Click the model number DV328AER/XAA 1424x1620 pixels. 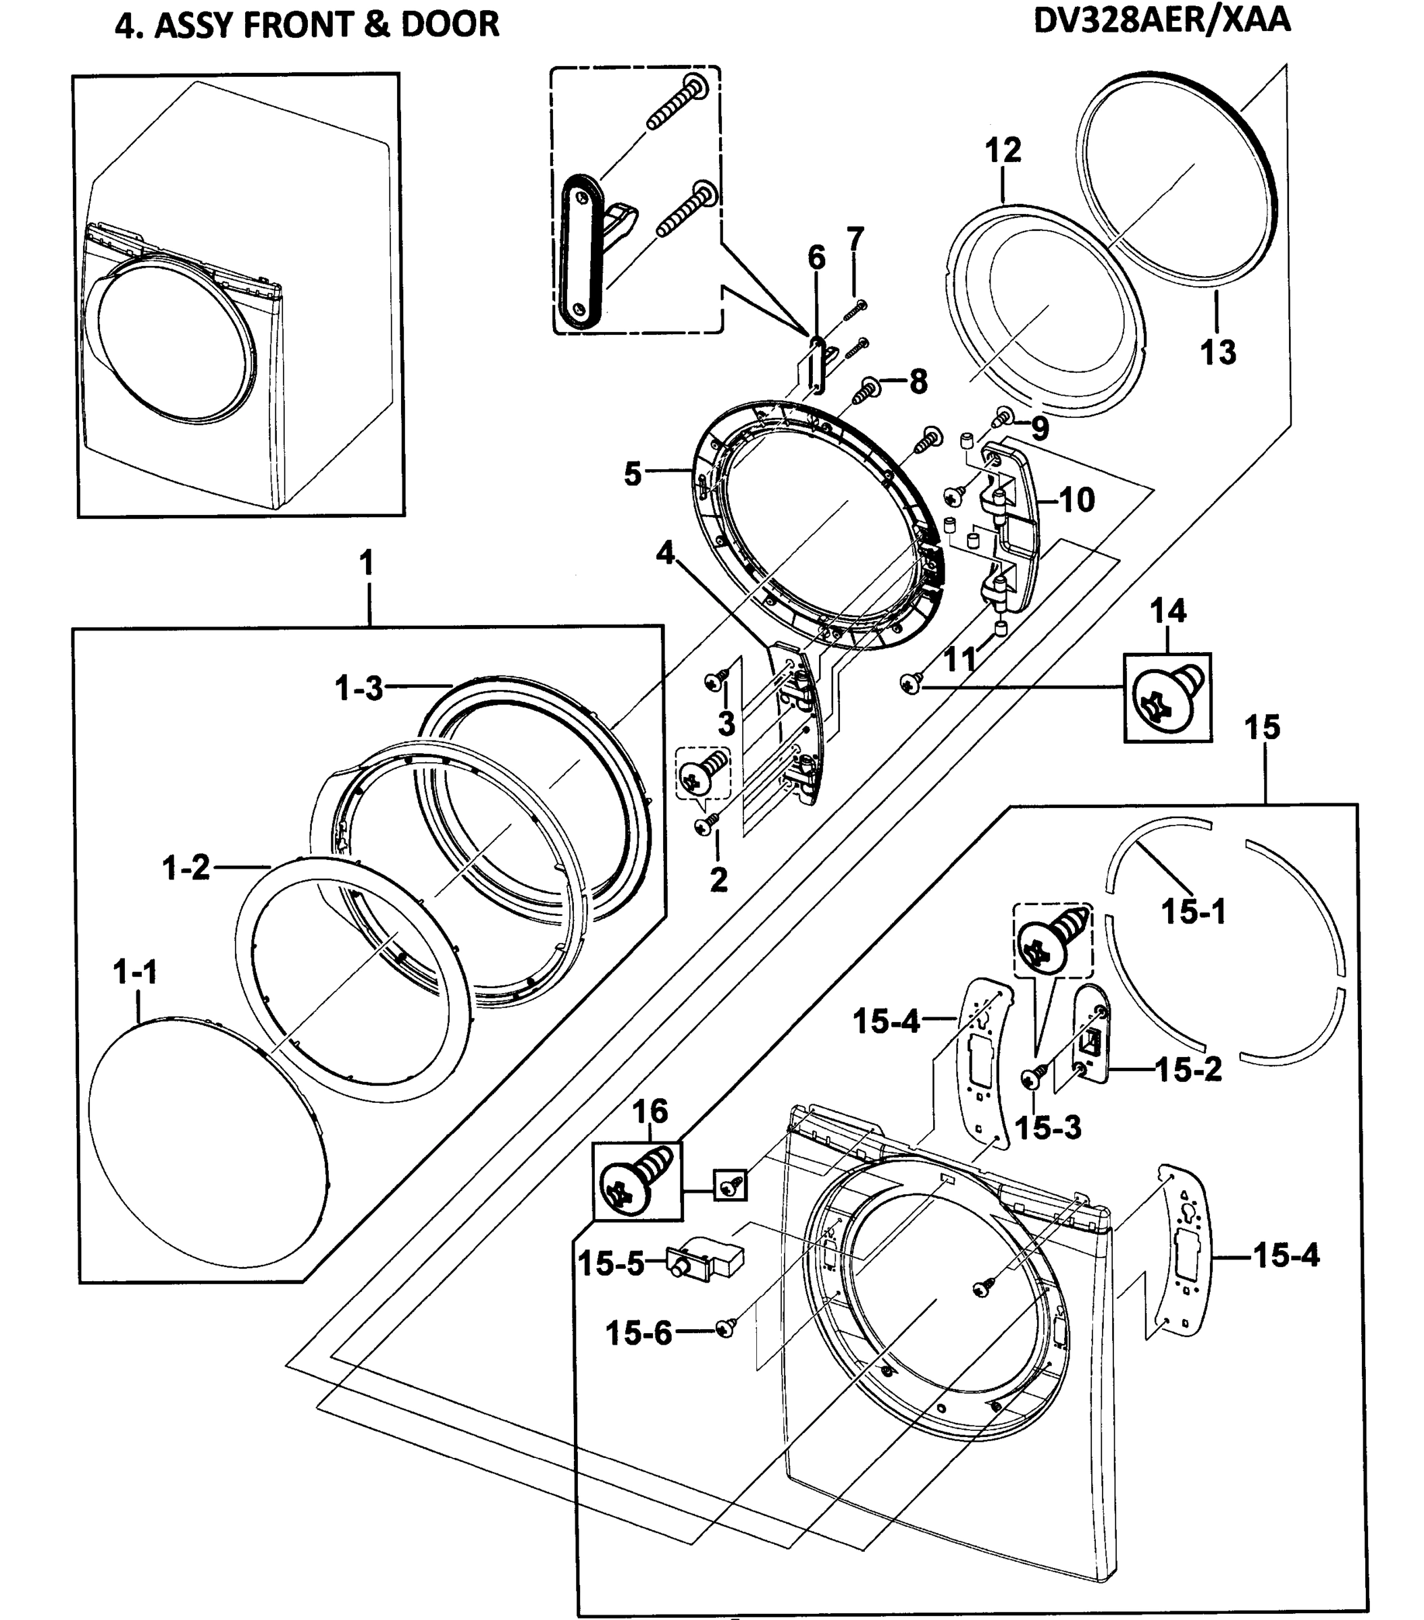coord(1161,21)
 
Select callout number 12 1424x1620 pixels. coord(1003,150)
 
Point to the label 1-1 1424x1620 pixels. coord(136,972)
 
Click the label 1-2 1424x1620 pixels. coord(186,869)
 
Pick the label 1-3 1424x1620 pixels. coord(359,688)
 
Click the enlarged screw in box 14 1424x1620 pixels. coord(1167,697)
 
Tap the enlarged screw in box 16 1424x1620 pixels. coord(637,1183)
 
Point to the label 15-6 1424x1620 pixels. coord(638,1333)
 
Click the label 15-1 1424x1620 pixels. coord(1193,911)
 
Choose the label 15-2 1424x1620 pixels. coord(1188,1070)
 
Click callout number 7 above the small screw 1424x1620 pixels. coord(855,238)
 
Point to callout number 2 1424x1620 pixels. coord(718,879)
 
